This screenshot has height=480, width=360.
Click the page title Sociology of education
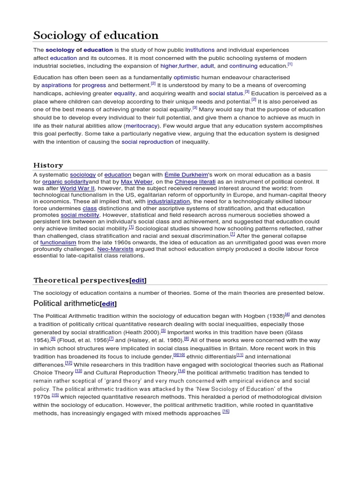(96, 35)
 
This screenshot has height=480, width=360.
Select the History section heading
(48, 165)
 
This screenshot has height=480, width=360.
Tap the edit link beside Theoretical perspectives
(138, 280)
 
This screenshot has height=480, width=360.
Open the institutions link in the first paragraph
(200, 50)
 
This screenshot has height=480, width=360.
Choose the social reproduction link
(147, 142)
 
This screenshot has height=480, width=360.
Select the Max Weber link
(134, 181)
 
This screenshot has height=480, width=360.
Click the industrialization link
(168, 201)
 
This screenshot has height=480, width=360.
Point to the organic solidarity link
(65, 181)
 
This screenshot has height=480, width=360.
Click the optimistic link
(186, 77)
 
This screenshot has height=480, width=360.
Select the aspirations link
(56, 85)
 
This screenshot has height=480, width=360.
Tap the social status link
(226, 93)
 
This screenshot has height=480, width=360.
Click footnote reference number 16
(226, 411)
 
